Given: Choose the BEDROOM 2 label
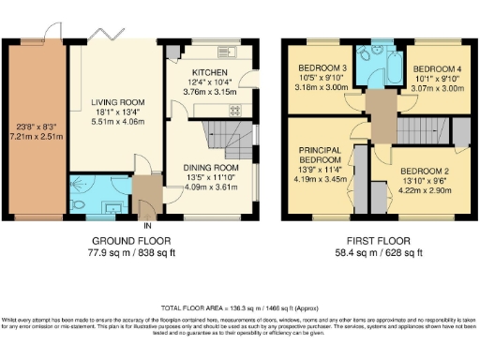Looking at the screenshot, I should pyautogui.click(x=425, y=172).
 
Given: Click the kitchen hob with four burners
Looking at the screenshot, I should pyautogui.click(x=234, y=108).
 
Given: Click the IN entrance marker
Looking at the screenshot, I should pyautogui.click(x=146, y=226).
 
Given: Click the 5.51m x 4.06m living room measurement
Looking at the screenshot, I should pyautogui.click(x=115, y=122).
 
